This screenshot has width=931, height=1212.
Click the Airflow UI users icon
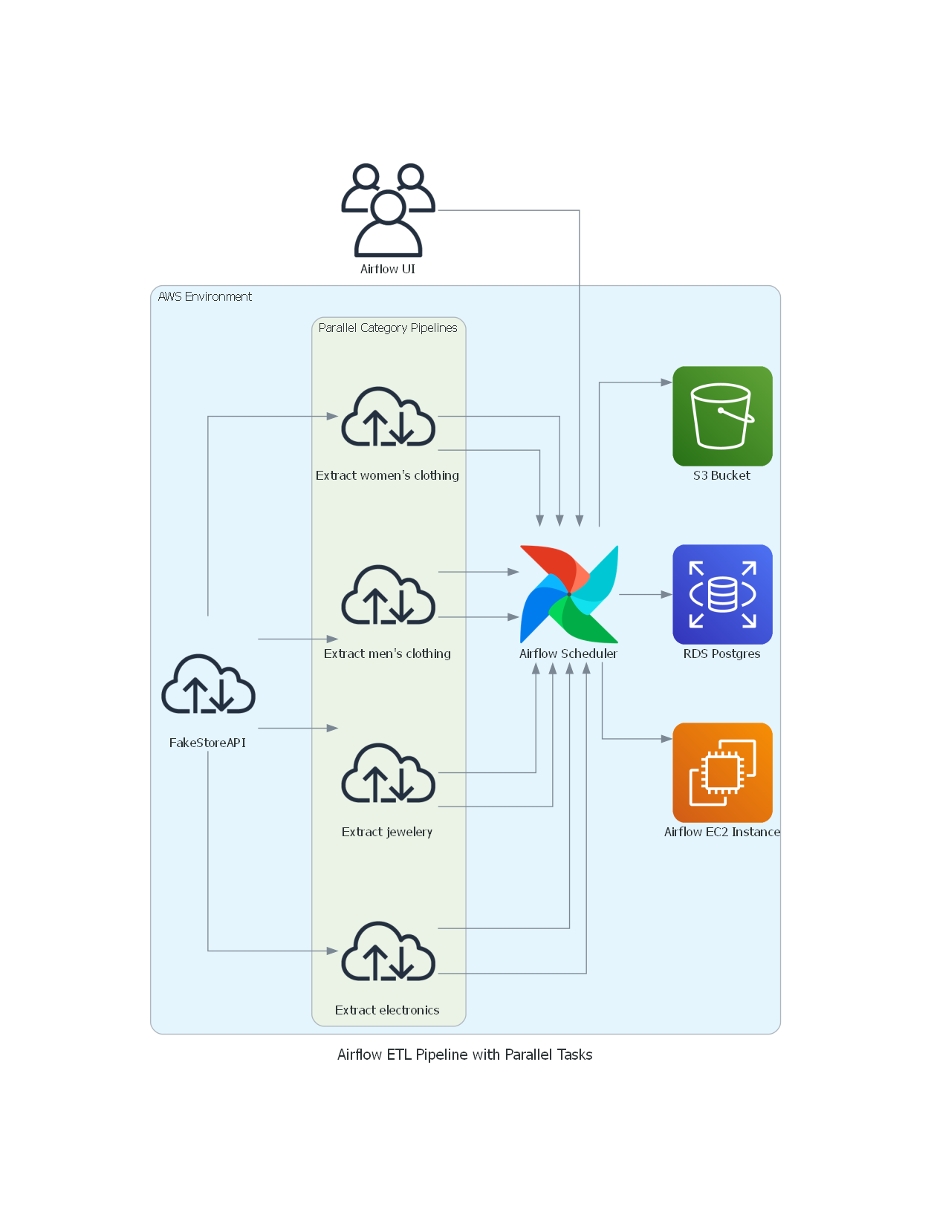coord(388,210)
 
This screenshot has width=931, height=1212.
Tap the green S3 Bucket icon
coord(722,416)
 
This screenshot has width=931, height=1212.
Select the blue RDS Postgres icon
coord(722,594)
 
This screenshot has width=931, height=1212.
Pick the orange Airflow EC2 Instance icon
coord(722,772)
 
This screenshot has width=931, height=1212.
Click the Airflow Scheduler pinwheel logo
coord(569,594)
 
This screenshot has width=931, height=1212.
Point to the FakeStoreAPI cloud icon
coord(208,684)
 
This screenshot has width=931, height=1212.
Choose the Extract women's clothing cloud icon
coord(388,417)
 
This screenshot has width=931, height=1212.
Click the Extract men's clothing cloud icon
coord(388,595)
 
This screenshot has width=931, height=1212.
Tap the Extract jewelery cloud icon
coord(388,773)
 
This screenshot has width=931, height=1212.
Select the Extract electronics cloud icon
coord(388,951)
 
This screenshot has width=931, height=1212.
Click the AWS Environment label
coord(205,296)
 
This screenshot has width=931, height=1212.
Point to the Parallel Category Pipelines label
coord(388,328)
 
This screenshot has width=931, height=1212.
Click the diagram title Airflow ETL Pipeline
coord(464,1055)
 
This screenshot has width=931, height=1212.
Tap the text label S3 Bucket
coord(721,475)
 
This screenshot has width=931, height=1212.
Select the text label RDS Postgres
coord(721,654)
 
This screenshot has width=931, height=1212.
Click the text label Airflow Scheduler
coord(568,654)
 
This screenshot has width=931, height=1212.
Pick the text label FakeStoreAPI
coord(207,743)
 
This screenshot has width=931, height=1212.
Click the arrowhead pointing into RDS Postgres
coord(666,594)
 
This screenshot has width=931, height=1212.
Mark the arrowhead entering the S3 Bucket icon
coord(666,382)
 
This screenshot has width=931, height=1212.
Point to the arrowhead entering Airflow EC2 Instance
coord(666,739)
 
